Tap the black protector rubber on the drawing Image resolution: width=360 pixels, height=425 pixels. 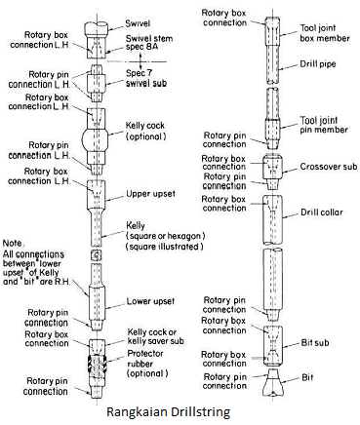[x=100, y=362]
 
